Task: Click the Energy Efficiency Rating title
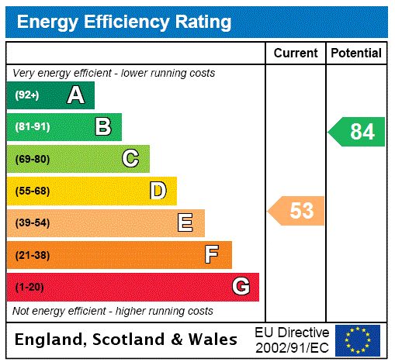click(x=124, y=22)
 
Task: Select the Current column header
click(x=296, y=53)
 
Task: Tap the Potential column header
click(x=356, y=53)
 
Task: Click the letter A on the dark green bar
click(x=75, y=95)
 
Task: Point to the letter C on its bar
click(x=130, y=159)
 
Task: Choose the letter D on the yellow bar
click(x=158, y=191)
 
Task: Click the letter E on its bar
click(x=185, y=223)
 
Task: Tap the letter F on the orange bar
click(x=212, y=254)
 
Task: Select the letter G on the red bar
click(x=241, y=287)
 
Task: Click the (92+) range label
click(x=26, y=95)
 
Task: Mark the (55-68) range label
click(x=32, y=191)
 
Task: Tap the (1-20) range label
click(x=29, y=287)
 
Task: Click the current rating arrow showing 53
click(x=296, y=211)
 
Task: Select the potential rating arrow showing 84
click(x=357, y=132)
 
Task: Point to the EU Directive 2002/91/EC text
click(x=292, y=340)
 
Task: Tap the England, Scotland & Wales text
click(x=126, y=340)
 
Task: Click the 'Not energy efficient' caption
click(x=113, y=311)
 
